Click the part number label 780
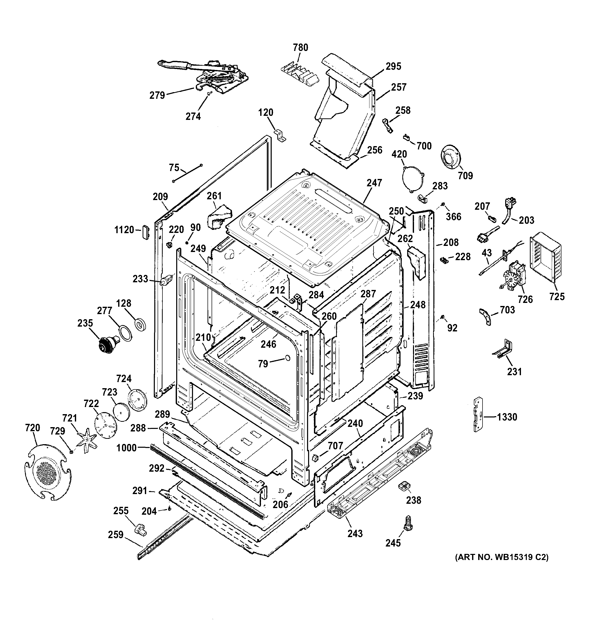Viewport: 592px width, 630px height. pos(300,48)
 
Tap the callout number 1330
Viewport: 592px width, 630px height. pos(507,417)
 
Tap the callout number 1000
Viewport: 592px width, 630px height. pos(127,448)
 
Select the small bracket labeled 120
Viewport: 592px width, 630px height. pos(280,135)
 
